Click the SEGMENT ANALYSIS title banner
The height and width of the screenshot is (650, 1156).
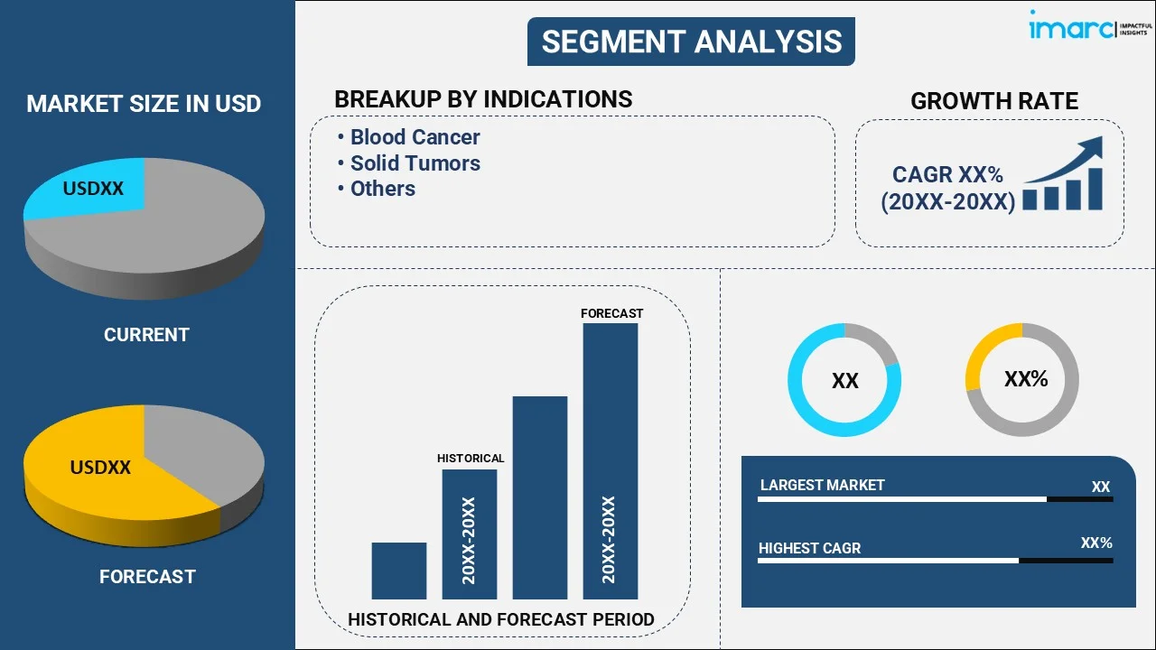(691, 42)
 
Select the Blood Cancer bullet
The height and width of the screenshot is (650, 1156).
(415, 137)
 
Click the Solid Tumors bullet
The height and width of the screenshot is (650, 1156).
(415, 163)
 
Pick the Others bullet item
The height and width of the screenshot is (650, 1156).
(382, 189)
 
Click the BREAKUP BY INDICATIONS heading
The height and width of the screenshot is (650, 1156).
(483, 99)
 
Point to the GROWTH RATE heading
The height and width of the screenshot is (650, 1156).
(993, 101)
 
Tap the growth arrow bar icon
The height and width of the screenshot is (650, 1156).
(1063, 175)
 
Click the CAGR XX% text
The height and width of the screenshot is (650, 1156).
(947, 175)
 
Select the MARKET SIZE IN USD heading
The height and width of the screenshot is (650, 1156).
(144, 104)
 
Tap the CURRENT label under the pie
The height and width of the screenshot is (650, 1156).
(146, 335)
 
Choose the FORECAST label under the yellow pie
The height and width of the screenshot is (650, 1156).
(147, 577)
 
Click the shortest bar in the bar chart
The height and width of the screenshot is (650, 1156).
(398, 571)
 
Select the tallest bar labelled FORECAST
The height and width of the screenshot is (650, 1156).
(610, 460)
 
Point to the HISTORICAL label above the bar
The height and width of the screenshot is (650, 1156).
(471, 459)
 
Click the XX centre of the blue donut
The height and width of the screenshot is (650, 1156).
(844, 381)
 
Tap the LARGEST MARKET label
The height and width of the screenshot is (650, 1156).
(822, 486)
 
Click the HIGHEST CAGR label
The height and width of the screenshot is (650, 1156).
(809, 548)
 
